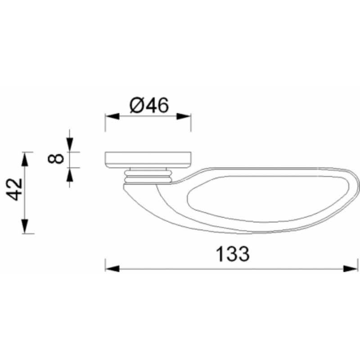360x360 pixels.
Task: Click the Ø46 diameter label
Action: (x=149, y=105)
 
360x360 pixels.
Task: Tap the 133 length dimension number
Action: (x=233, y=254)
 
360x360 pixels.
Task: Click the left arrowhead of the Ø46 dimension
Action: (x=112, y=116)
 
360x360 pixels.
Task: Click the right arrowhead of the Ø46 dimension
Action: (x=184, y=116)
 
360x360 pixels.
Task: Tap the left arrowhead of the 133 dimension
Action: (x=112, y=268)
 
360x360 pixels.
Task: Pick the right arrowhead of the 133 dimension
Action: (x=351, y=268)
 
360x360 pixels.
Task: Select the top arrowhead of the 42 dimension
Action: (x=25, y=159)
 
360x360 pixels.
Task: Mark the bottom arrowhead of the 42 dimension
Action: (x=25, y=226)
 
